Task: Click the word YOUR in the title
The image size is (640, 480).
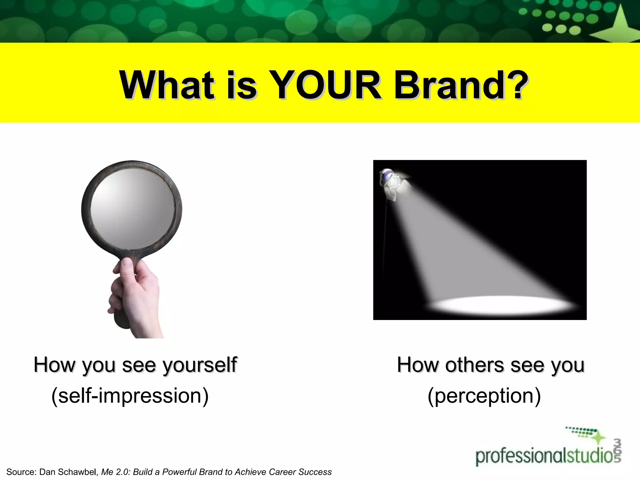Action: (325, 85)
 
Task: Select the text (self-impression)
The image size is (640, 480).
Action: (130, 396)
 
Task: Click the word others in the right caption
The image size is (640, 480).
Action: (474, 365)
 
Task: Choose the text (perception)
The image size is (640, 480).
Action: (484, 396)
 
